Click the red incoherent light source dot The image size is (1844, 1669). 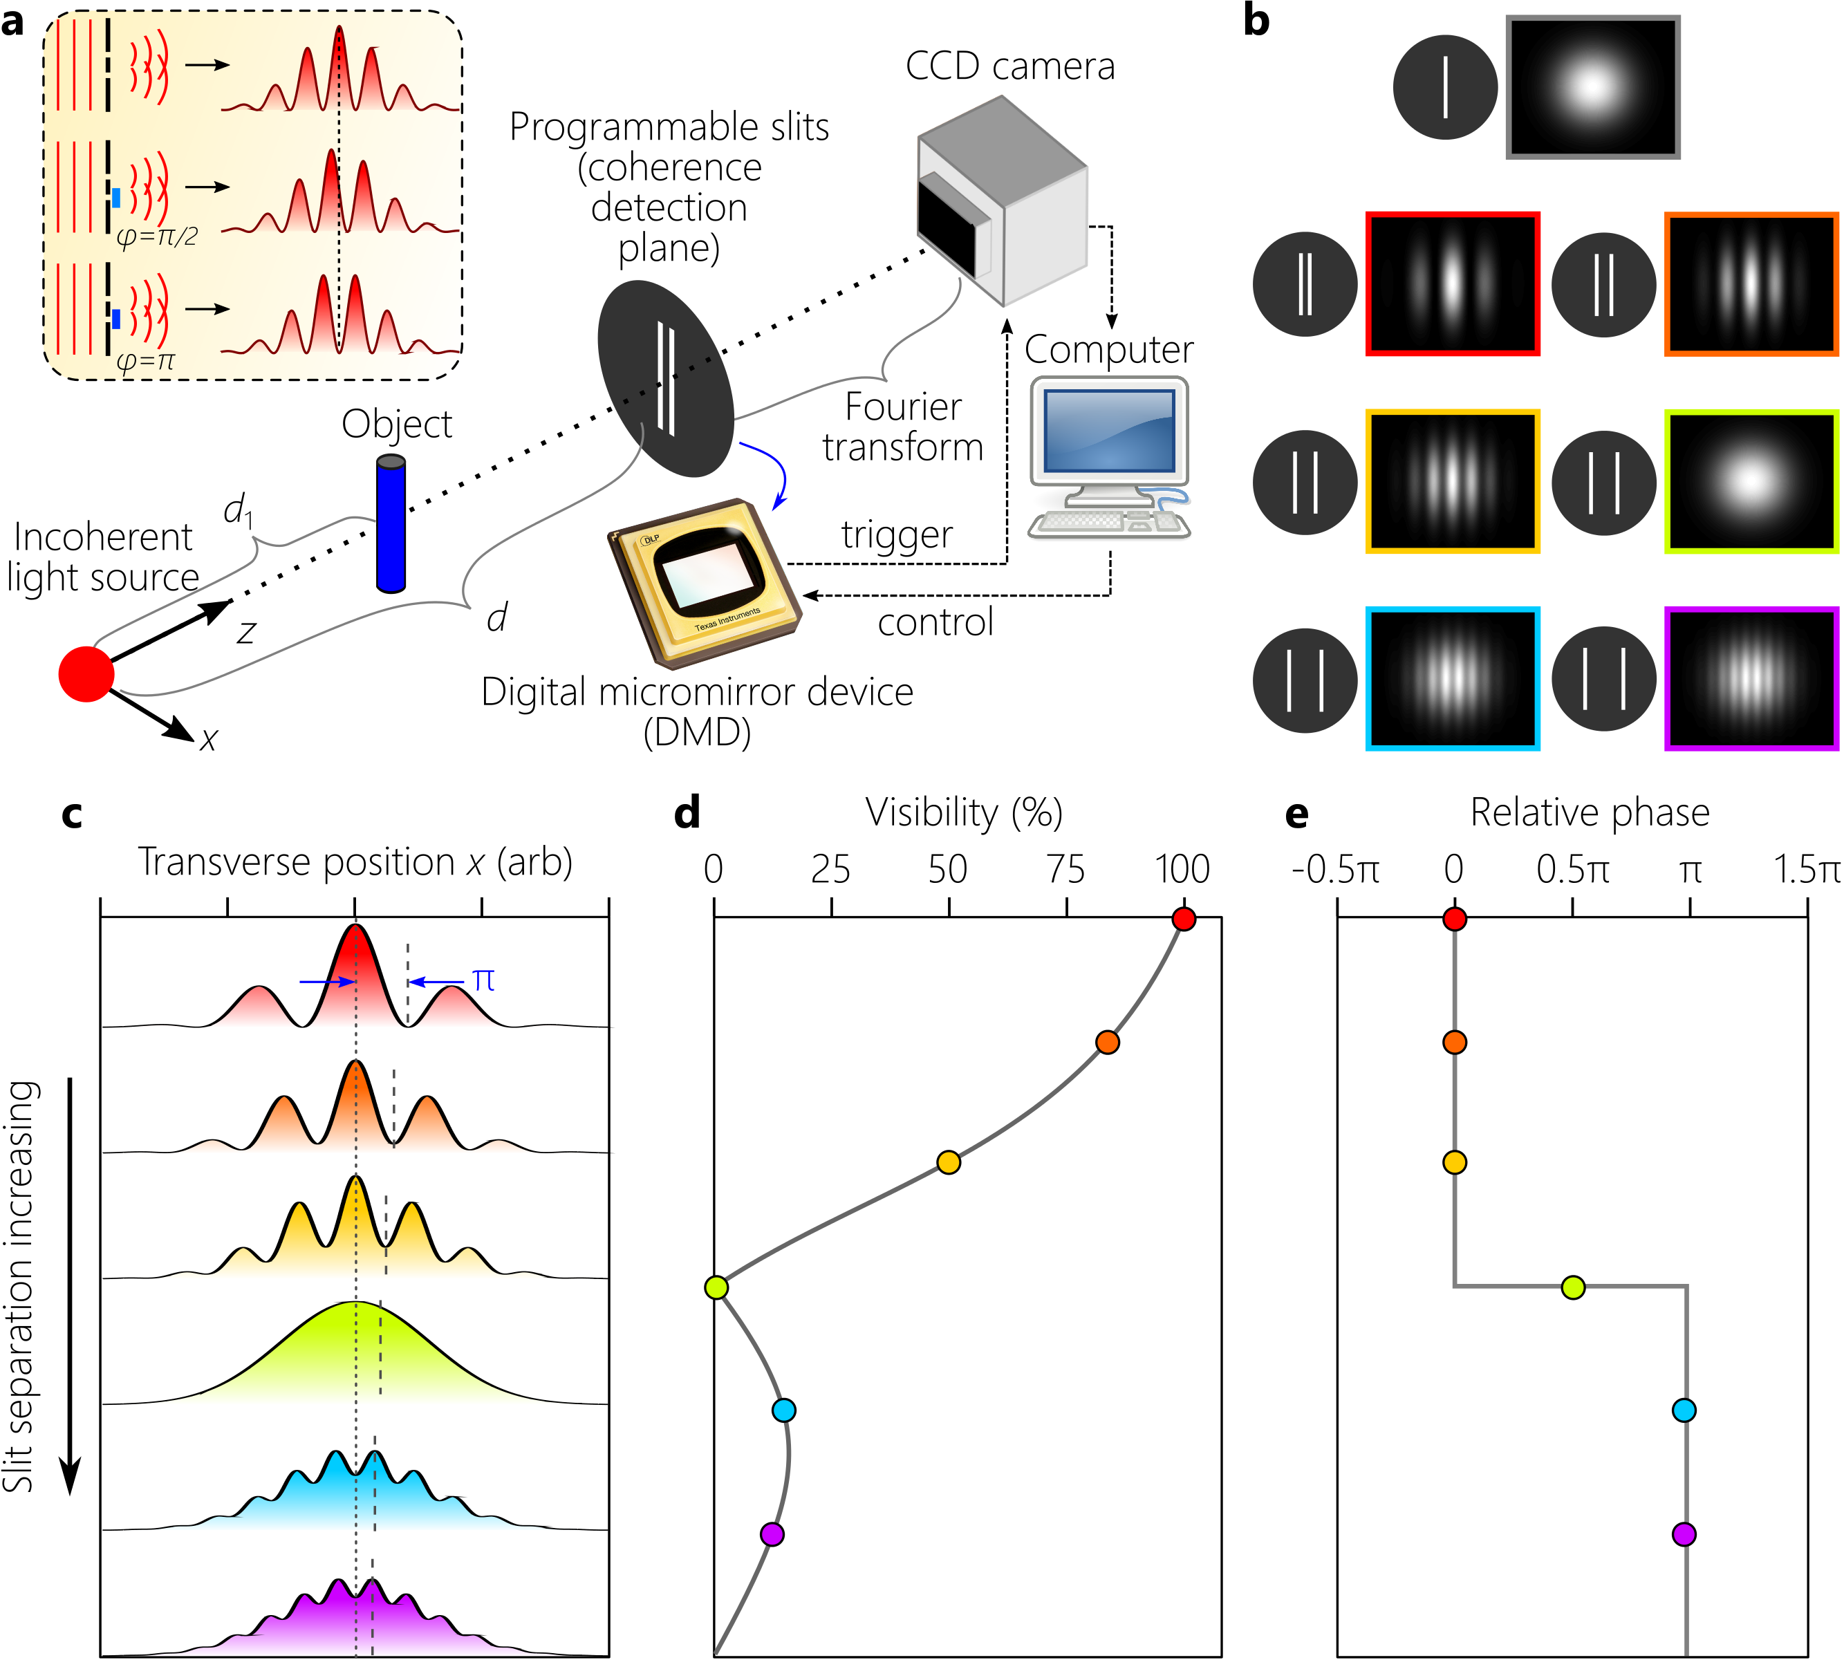pyautogui.click(x=86, y=674)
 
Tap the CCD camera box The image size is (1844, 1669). pyautogui.click(x=1003, y=201)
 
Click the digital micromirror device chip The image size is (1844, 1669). pyautogui.click(x=705, y=581)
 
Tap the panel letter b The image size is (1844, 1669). pyautogui.click(x=1257, y=20)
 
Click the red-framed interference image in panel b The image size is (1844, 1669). pyautogui.click(x=1453, y=283)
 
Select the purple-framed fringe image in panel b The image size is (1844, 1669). pyautogui.click(x=1751, y=678)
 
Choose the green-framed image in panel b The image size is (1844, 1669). pyautogui.click(x=1751, y=481)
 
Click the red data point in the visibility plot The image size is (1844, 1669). pyautogui.click(x=1184, y=919)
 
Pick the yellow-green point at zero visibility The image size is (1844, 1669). pyautogui.click(x=716, y=1287)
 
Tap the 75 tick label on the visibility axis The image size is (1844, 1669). pyautogui.click(x=1065, y=870)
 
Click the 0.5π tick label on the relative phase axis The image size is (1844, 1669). pyautogui.click(x=1572, y=870)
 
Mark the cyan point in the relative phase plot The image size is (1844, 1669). pyautogui.click(x=1684, y=1410)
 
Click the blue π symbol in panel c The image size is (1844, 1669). pyautogui.click(x=484, y=981)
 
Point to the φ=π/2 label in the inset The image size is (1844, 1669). pyautogui.click(x=158, y=238)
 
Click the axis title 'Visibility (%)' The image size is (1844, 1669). pyautogui.click(x=964, y=812)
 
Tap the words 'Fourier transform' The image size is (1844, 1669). pyautogui.click(x=903, y=427)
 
